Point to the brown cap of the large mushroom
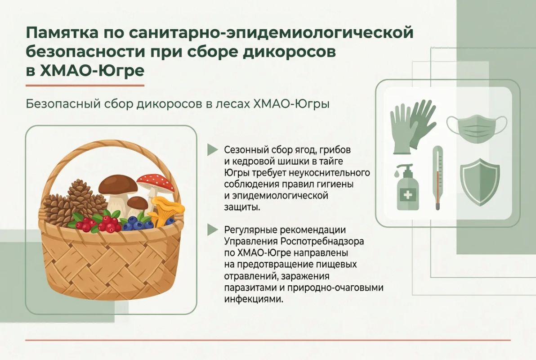tap(118, 184)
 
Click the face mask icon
tap(477, 127)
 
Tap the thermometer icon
tap(438, 177)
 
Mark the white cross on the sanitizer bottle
tap(408, 195)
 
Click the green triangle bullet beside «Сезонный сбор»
tap(212, 149)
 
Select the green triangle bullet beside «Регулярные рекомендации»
tap(212, 229)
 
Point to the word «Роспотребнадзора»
tap(322, 241)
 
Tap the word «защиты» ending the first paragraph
tap(241, 207)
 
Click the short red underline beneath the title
tap(85, 85)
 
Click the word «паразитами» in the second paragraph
tap(250, 288)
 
